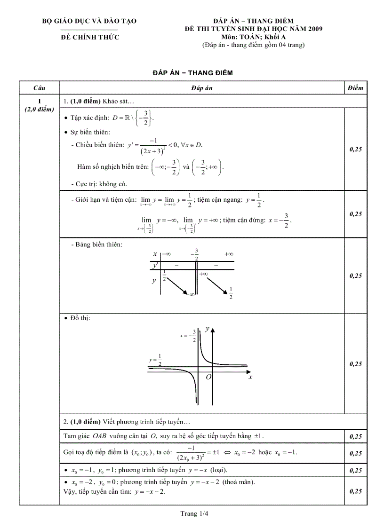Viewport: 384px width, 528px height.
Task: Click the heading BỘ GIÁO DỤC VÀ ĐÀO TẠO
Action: tap(89, 21)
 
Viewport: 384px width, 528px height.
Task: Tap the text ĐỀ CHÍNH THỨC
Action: tap(90, 37)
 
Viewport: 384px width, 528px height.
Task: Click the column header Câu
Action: tap(40, 88)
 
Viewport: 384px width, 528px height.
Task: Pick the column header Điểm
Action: tap(356, 88)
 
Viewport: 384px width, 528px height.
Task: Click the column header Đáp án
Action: tap(203, 88)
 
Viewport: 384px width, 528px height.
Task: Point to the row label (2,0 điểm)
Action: tap(40, 109)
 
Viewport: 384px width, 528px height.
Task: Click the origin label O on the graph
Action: tap(208, 377)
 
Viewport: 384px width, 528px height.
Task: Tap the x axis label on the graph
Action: tap(250, 377)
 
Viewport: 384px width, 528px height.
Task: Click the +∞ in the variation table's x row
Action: tap(229, 254)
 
